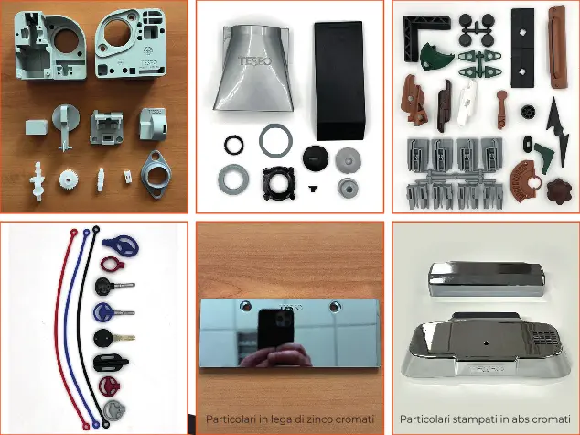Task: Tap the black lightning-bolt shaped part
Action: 558,132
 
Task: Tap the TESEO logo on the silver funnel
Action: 254,61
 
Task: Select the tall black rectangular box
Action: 339,81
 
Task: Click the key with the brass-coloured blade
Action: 114,338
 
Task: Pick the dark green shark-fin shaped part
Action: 435,57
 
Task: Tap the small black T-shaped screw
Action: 313,190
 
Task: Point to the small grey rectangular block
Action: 37,126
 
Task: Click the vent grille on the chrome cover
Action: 543,338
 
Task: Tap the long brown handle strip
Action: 558,47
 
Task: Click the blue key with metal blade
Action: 114,313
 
